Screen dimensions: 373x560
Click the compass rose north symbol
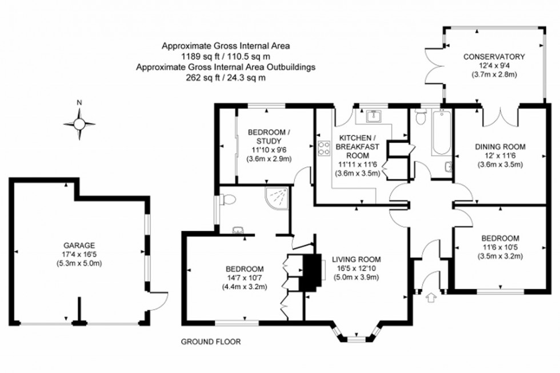point(79,123)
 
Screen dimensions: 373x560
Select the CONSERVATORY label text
point(494,57)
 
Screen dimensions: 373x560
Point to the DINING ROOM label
point(500,146)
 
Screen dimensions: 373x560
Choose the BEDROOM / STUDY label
point(269,137)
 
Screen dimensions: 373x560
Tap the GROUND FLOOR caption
point(211,342)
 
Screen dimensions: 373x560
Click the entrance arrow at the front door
point(431,297)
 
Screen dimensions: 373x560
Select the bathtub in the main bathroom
point(442,134)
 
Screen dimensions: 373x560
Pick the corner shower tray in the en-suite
point(277,198)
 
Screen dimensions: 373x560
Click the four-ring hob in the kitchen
point(324,148)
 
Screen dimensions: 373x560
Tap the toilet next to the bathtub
point(421,117)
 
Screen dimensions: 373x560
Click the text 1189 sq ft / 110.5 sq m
point(226,57)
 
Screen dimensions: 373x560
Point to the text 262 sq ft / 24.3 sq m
point(226,78)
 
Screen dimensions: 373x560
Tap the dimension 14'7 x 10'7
point(245,278)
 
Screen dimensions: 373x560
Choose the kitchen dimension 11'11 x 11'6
point(357,164)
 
